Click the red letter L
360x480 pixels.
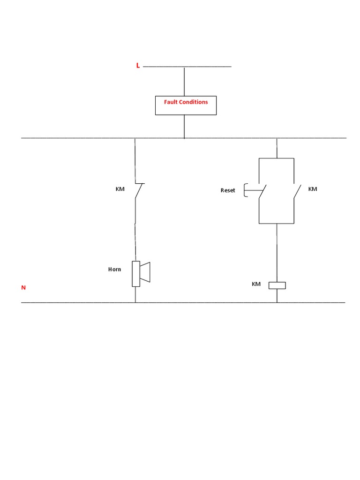click(138, 66)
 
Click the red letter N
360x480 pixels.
click(23, 288)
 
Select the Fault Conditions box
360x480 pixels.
click(186, 105)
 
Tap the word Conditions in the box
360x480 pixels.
click(193, 102)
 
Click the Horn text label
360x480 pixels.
click(114, 269)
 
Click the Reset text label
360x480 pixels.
click(228, 190)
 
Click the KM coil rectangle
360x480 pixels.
click(277, 285)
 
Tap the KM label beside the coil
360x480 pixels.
click(256, 284)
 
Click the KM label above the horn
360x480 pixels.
click(120, 189)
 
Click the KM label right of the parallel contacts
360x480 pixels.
click(313, 189)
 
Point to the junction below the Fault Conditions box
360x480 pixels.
click(184, 138)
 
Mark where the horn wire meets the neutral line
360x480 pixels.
click(135, 303)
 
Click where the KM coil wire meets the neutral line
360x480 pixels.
click(277, 303)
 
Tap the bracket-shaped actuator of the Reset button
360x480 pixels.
click(245, 190)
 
